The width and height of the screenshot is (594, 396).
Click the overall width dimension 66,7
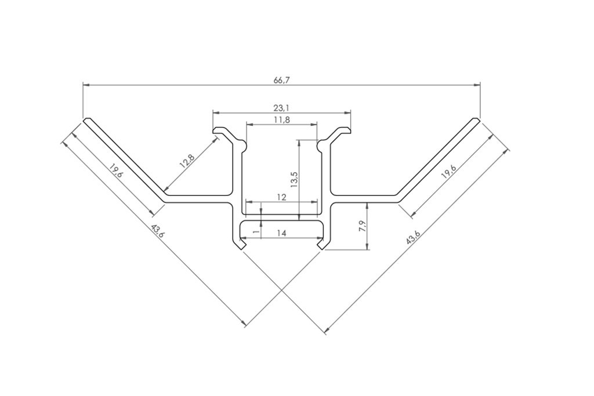(281, 80)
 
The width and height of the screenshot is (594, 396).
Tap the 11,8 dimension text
(281, 120)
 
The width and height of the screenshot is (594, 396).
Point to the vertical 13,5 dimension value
(294, 180)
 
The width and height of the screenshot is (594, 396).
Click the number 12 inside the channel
(281, 197)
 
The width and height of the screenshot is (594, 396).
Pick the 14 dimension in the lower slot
(281, 233)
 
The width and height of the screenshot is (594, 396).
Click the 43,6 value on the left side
(157, 232)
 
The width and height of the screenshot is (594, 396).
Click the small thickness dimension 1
(256, 231)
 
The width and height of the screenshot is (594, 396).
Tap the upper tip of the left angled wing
(86, 121)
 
